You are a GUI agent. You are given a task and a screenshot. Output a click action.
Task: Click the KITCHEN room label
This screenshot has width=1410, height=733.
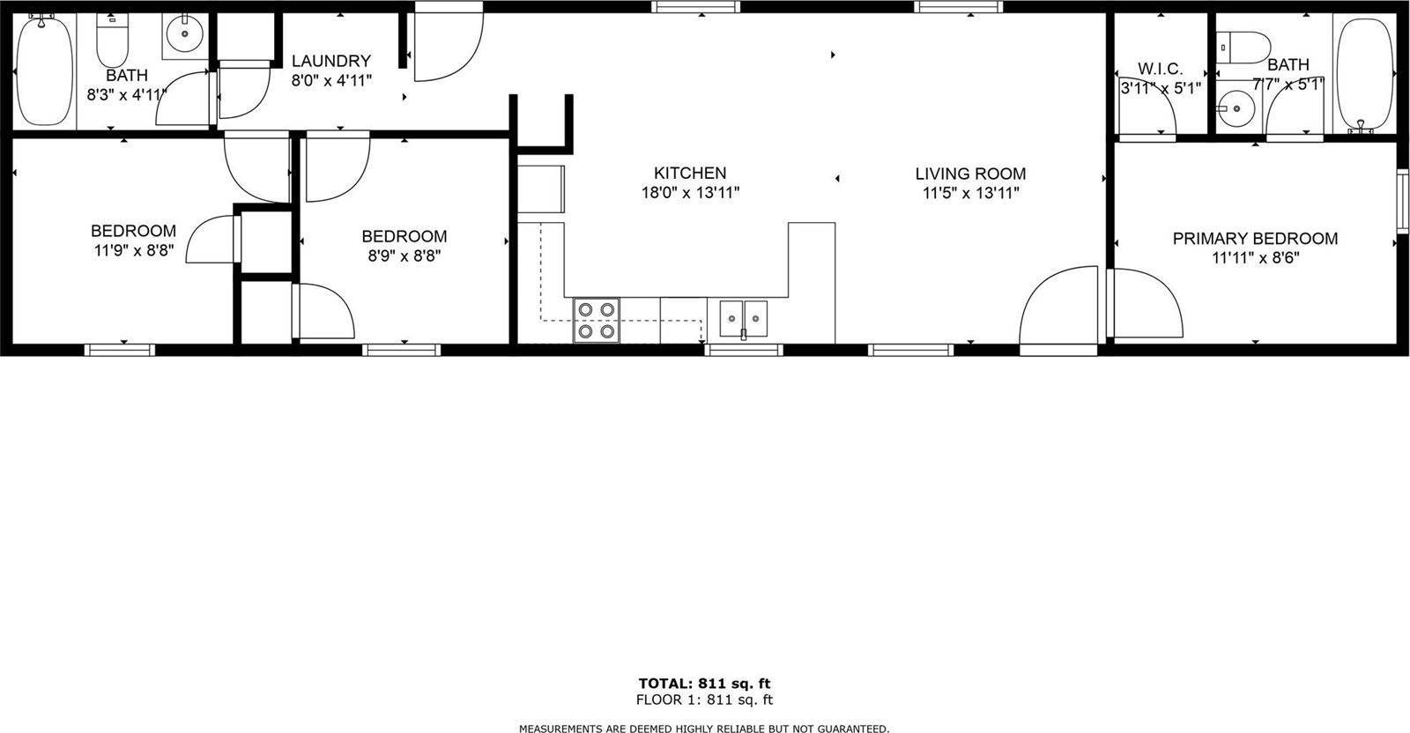689,174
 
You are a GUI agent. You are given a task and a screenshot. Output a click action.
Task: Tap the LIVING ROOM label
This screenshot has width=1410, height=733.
969,174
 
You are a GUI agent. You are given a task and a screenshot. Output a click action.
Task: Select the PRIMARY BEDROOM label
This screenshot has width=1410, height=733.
1255,239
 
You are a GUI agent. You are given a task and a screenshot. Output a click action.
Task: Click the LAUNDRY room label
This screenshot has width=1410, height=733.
330,61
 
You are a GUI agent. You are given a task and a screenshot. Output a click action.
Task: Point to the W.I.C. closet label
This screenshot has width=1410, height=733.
1160,69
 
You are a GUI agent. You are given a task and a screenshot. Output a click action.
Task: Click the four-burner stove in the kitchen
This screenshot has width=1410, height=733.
596,321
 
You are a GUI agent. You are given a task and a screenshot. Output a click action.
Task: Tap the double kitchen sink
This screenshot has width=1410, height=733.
743,318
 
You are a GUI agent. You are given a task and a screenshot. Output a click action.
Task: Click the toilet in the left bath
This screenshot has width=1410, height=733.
113,39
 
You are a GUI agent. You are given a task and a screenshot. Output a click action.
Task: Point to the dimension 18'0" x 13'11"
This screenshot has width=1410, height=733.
689,193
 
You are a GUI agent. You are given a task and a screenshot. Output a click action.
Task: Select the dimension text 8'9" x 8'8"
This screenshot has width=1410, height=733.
404,255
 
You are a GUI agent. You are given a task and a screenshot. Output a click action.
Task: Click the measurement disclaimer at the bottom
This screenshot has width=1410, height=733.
704,728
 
